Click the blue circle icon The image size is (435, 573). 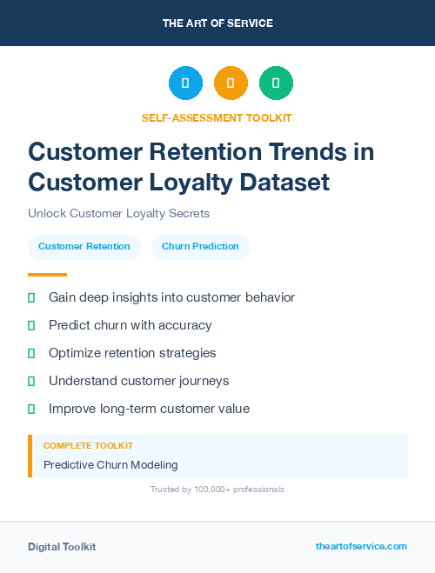pos(185,83)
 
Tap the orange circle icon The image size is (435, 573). pos(231,83)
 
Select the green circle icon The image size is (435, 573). pos(276,83)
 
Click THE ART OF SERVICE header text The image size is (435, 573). pos(217,23)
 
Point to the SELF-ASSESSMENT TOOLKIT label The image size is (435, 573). pos(217,117)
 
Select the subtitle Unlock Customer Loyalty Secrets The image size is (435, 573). pos(118,213)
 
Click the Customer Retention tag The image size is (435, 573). pos(84,247)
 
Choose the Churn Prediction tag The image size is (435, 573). pos(200,247)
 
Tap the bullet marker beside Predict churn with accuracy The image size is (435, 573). pos(31,325)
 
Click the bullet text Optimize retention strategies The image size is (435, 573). pos(132,353)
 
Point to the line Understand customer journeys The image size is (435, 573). pos(139,381)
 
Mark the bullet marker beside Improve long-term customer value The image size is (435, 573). pos(31,409)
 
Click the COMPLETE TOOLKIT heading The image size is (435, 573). pos(88,446)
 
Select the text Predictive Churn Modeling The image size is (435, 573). pos(110,465)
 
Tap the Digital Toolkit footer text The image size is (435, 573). pos(62,546)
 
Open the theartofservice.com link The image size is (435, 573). pos(361,546)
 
